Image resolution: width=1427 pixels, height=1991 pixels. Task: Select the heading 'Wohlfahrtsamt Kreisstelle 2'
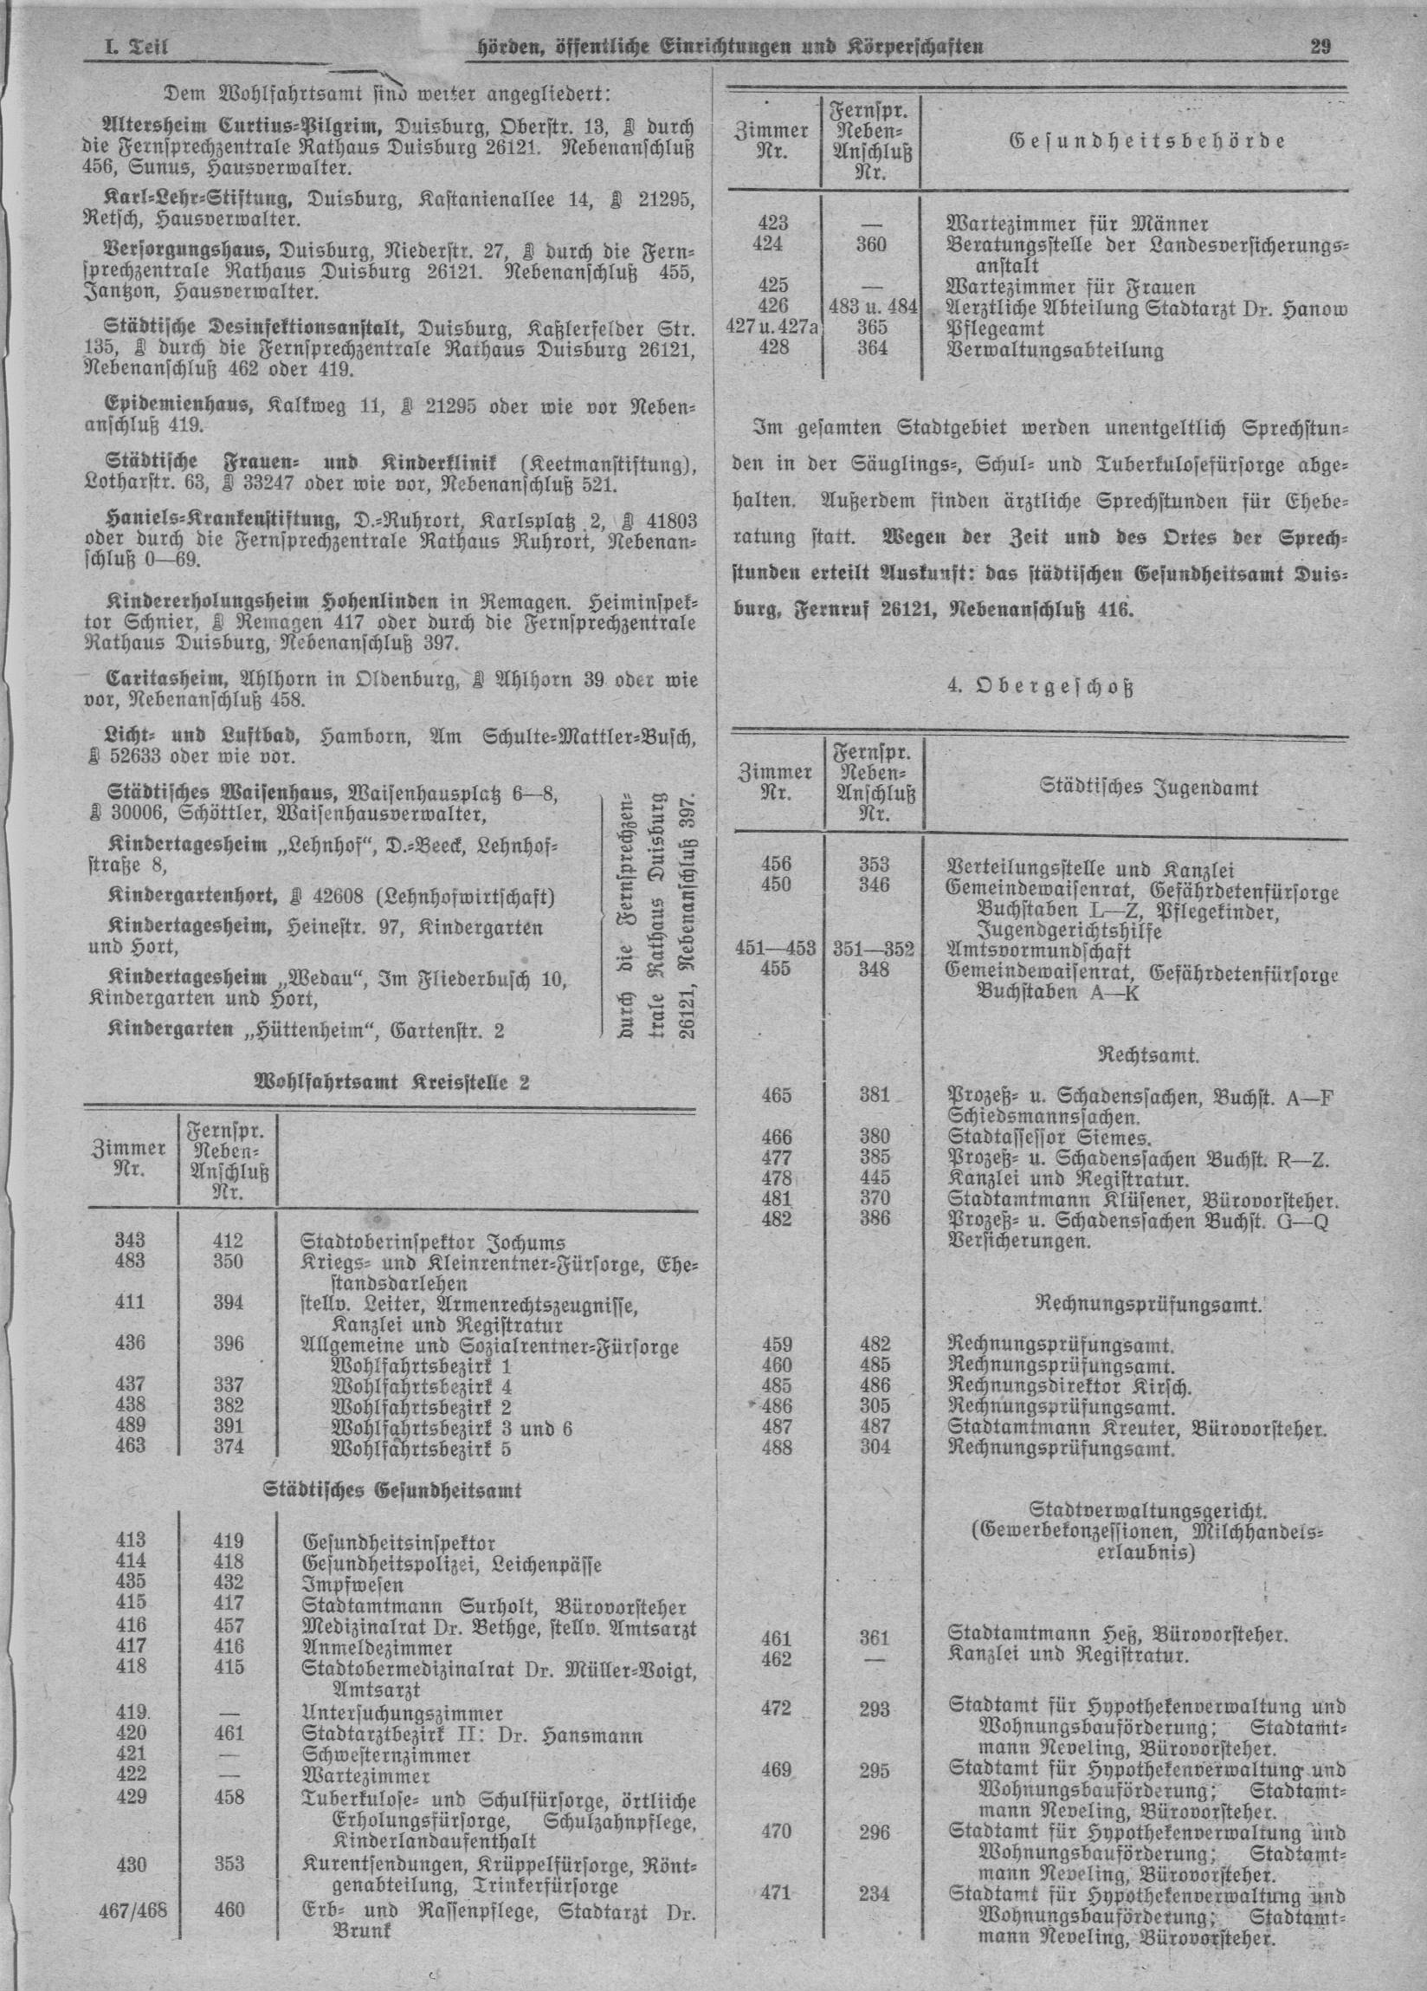(x=391, y=1082)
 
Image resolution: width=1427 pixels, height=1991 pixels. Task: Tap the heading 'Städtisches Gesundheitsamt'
(x=392, y=1489)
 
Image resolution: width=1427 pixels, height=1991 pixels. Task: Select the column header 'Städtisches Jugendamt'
(x=1149, y=788)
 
